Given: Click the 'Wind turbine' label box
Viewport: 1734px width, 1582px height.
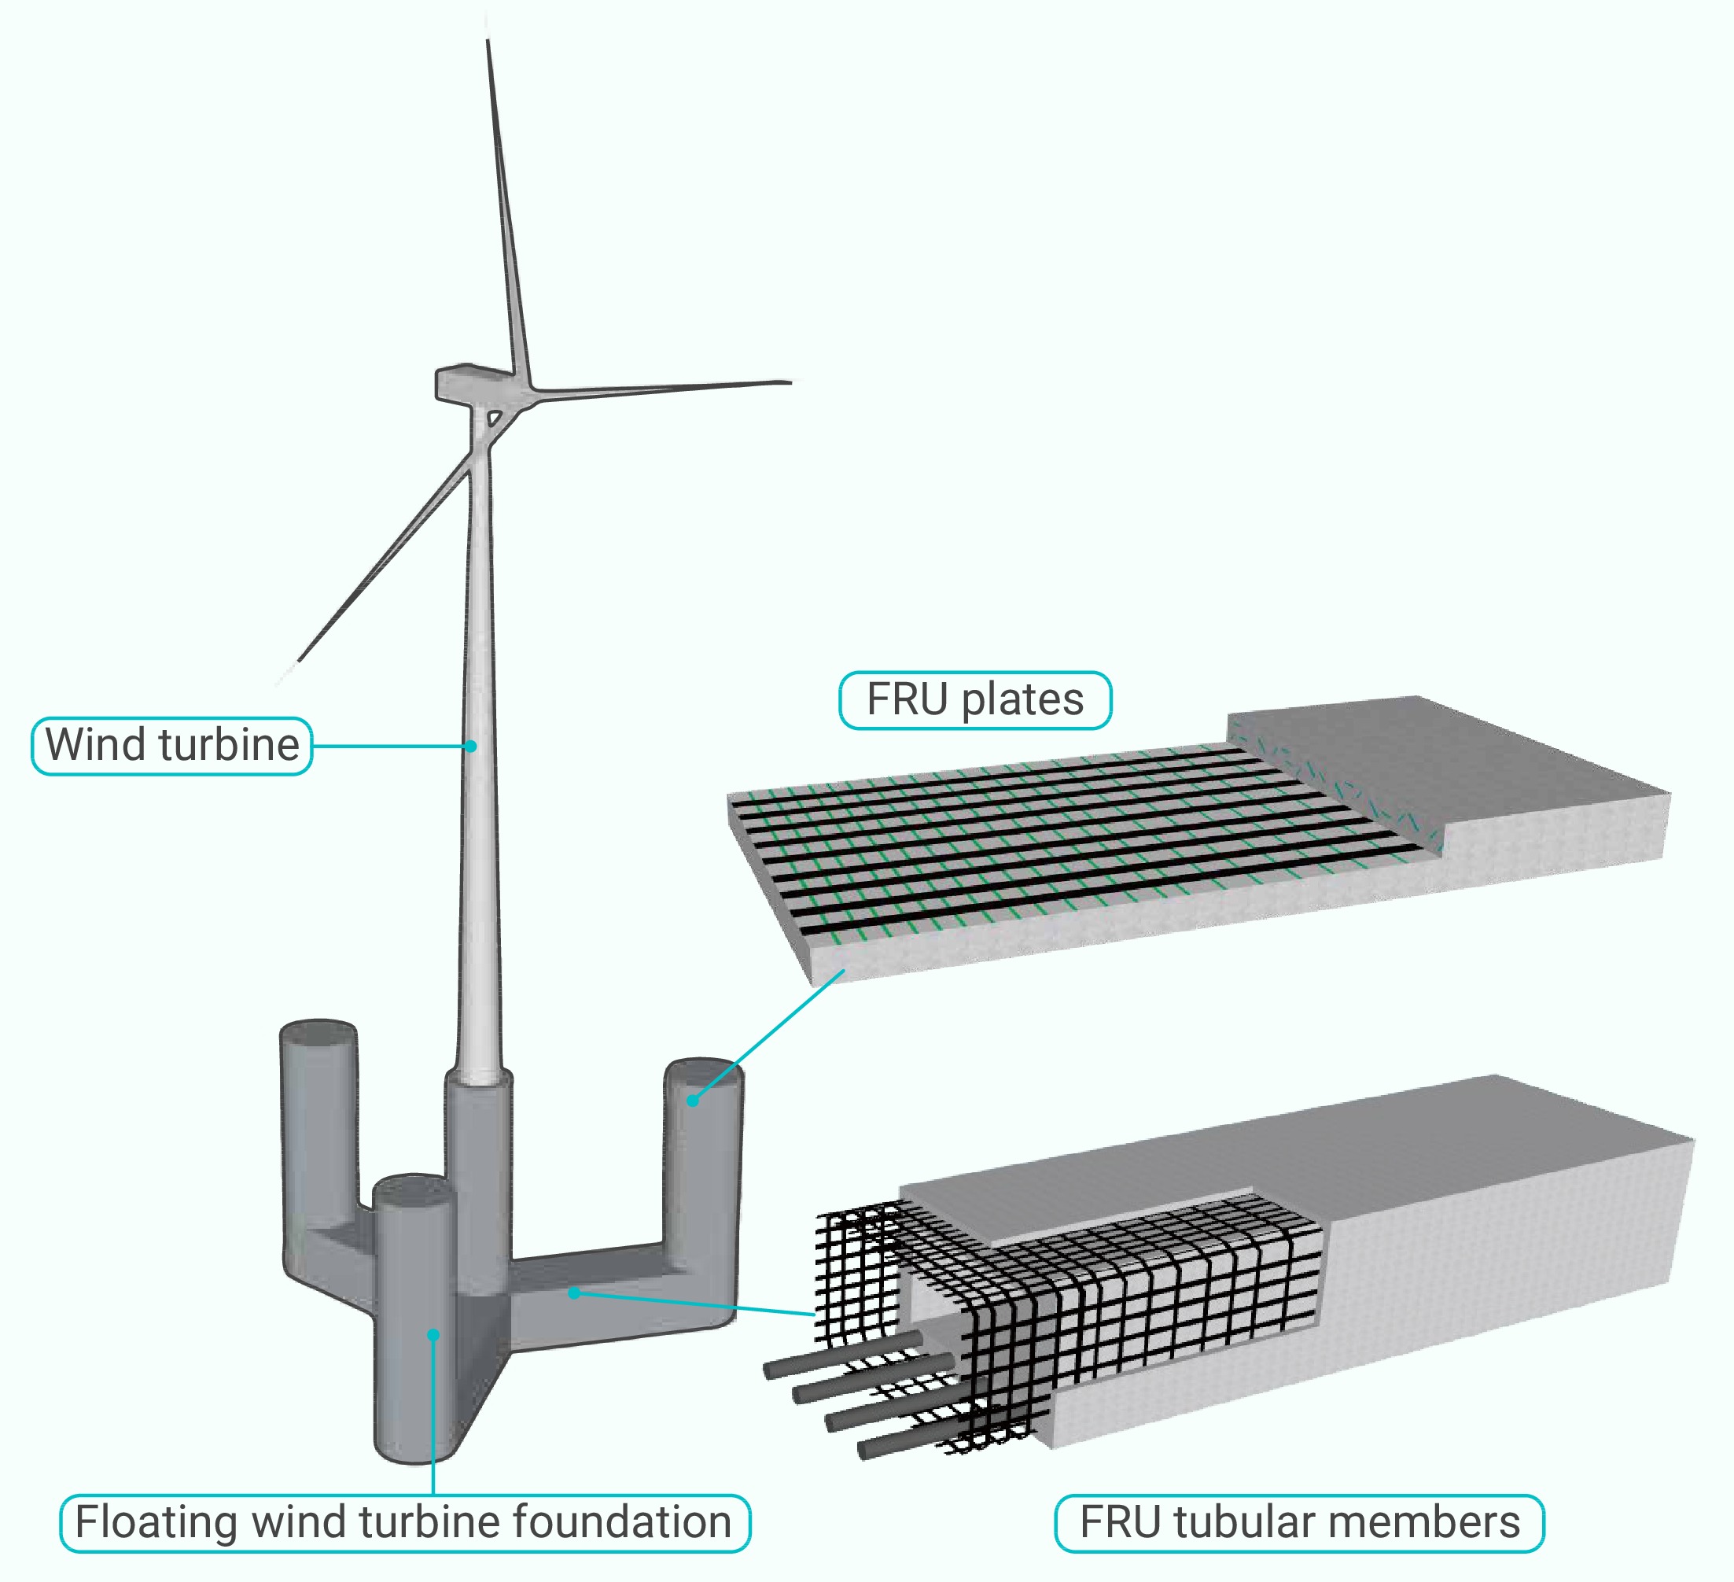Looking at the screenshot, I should coord(172,746).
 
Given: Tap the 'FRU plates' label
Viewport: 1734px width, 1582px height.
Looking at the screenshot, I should coord(974,699).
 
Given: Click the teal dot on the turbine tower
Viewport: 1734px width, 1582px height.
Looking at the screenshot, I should coord(471,746).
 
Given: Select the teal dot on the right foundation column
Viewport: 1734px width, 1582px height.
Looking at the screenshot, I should coord(692,1101).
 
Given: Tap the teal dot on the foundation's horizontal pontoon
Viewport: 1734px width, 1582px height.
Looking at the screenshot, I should coord(574,1292).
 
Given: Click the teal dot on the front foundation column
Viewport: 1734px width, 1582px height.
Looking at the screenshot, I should coord(433,1334).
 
